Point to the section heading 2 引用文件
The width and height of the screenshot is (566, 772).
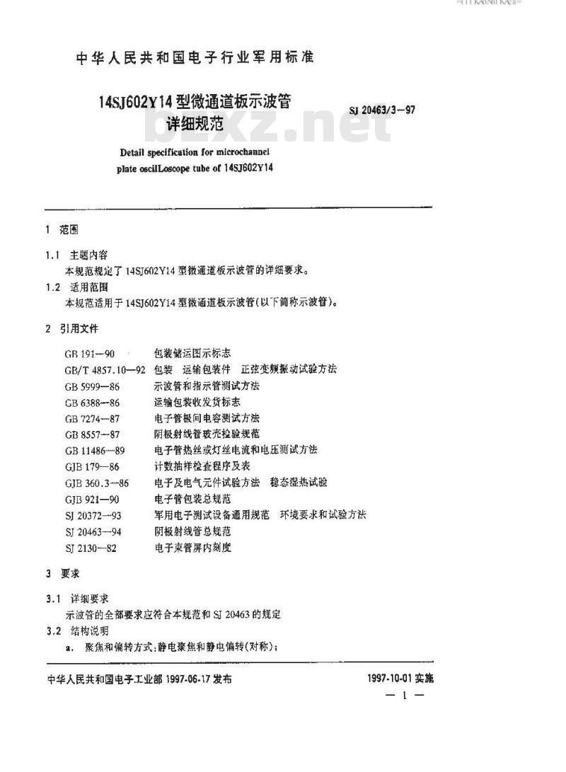coord(71,329)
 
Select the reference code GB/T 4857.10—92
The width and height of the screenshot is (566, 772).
coord(105,369)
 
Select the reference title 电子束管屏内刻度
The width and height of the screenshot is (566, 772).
coord(192,547)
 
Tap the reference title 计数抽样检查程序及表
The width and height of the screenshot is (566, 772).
coord(202,466)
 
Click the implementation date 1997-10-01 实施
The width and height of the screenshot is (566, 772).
coord(400,678)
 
